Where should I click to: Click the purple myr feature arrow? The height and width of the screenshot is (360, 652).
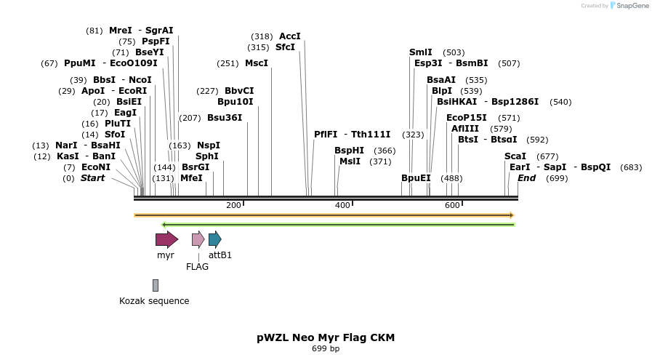tap(166, 239)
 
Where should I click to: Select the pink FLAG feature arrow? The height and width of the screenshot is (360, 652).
tap(198, 239)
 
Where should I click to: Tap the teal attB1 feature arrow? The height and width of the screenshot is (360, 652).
tap(214, 239)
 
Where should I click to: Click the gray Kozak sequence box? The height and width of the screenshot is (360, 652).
tap(156, 285)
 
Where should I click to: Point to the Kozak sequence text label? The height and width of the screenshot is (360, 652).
tap(154, 301)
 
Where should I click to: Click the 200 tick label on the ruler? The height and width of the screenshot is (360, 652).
tap(233, 206)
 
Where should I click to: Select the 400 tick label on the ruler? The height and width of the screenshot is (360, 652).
tap(342, 206)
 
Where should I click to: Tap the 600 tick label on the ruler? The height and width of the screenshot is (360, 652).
tap(452, 206)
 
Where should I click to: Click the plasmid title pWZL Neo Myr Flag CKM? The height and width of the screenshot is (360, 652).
tap(326, 337)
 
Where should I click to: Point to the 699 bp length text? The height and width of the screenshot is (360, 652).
tap(326, 349)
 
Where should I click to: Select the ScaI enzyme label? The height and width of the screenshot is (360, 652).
tap(515, 156)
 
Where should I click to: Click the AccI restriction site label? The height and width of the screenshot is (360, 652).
tap(289, 36)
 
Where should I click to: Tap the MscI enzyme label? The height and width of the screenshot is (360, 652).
tap(257, 63)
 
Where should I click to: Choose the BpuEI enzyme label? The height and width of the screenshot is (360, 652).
tap(416, 178)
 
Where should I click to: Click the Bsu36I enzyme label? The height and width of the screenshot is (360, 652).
tap(225, 118)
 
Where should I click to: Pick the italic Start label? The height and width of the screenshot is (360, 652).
tap(92, 178)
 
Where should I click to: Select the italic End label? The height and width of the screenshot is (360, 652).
tap(526, 178)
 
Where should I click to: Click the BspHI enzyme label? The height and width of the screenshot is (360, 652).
tap(349, 151)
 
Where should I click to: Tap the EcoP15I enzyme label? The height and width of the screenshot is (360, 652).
tap(467, 118)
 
